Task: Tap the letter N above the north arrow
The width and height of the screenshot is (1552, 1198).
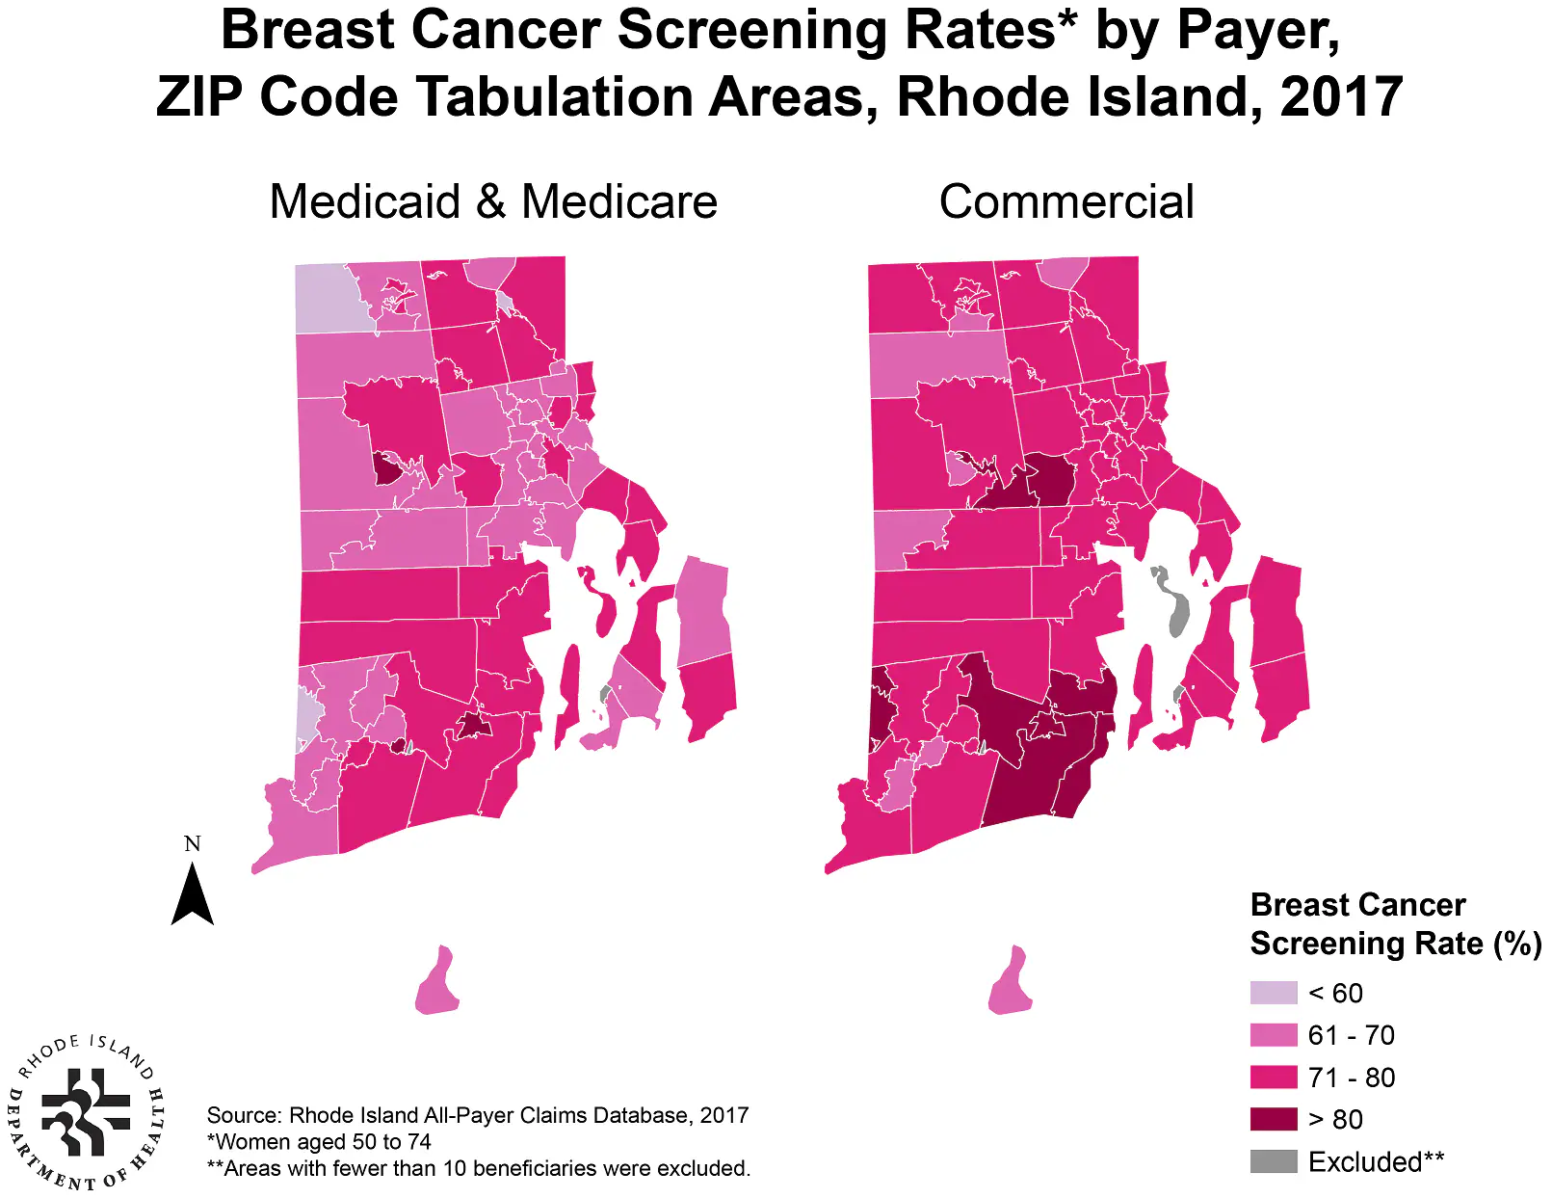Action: (x=193, y=844)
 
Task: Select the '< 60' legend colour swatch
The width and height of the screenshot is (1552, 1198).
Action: (x=1274, y=993)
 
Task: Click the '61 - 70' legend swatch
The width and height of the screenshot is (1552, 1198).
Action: (x=1274, y=1035)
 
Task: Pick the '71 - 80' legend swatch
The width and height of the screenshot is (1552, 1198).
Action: (x=1274, y=1078)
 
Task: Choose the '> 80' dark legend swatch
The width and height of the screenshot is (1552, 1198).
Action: (x=1274, y=1119)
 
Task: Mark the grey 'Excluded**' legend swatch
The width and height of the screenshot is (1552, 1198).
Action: (x=1274, y=1161)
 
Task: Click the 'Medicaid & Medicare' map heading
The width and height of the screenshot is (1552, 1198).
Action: (x=493, y=202)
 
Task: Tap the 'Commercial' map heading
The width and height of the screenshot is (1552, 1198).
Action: (x=1066, y=202)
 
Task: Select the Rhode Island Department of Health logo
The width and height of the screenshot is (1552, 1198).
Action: (x=87, y=1112)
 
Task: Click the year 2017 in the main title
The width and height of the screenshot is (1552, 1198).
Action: (x=1341, y=97)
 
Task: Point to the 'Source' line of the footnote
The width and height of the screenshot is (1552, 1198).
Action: (x=477, y=1115)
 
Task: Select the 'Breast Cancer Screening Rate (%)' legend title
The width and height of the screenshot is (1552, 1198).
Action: (x=1394, y=924)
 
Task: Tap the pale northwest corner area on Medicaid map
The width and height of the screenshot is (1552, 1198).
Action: (x=330, y=297)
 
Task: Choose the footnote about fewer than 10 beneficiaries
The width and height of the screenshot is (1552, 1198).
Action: (x=479, y=1168)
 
